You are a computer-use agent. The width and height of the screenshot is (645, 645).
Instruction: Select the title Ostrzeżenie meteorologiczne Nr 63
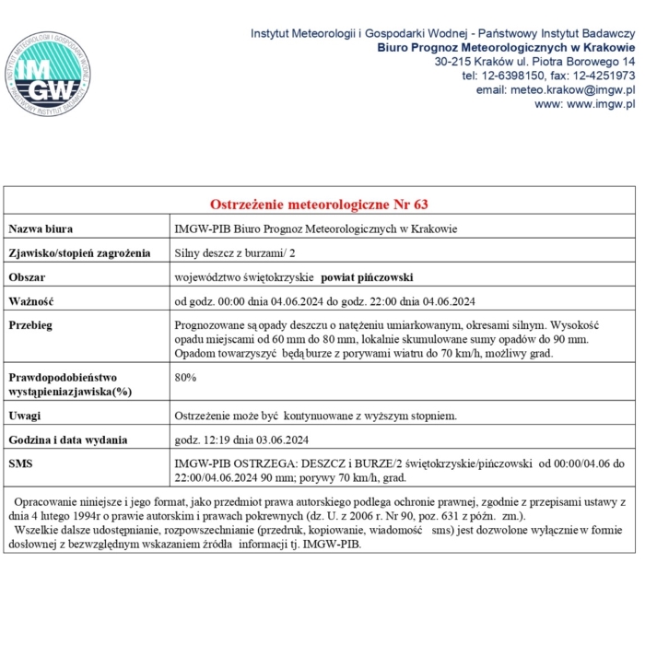tap(320, 203)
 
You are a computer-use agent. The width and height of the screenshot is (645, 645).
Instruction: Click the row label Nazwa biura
tap(41, 229)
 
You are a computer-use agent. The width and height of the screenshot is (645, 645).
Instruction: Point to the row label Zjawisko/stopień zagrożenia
tap(79, 252)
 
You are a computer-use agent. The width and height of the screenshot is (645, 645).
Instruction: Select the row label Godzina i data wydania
tap(68, 440)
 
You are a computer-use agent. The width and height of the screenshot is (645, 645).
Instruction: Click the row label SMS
tap(20, 463)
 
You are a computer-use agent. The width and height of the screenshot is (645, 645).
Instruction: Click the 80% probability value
tap(185, 377)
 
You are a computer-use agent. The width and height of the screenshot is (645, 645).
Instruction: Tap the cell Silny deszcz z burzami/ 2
tap(236, 252)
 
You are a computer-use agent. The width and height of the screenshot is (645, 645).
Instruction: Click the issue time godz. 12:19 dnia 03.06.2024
tap(241, 440)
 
